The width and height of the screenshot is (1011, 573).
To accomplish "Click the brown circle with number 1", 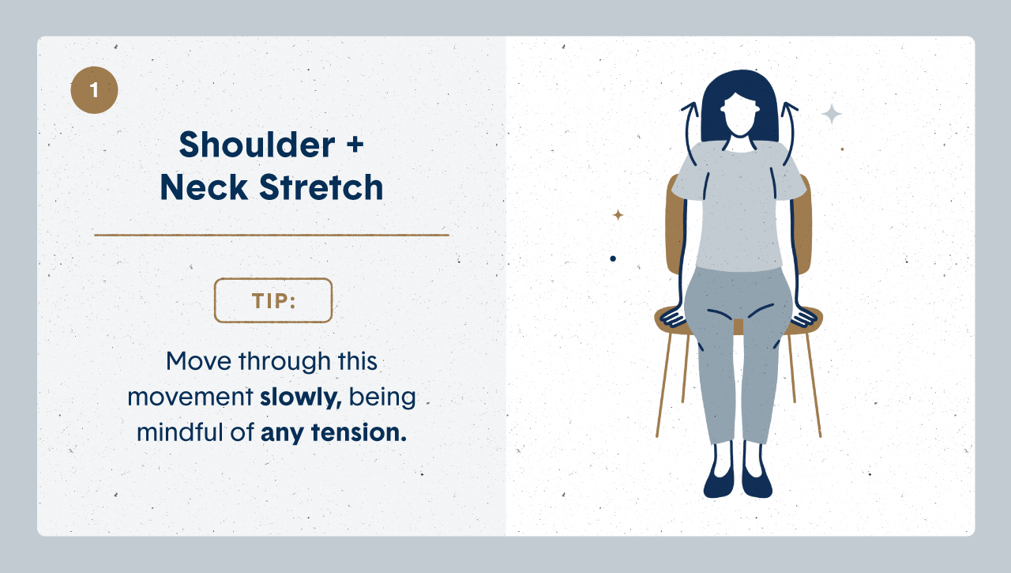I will coord(94,90).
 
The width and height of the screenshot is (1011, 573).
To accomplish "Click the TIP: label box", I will coord(273,300).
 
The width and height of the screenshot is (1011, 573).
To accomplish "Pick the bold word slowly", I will coord(300,397).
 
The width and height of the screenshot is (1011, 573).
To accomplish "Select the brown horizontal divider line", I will coord(271,235).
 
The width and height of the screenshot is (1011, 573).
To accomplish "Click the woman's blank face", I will coord(740,119).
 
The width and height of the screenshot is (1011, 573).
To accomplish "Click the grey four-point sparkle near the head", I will coord(831,115).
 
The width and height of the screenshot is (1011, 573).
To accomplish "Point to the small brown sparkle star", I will coord(618,214).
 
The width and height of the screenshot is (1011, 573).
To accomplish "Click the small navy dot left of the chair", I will coord(613,258).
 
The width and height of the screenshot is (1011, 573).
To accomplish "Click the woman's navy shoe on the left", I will coord(719,481).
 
